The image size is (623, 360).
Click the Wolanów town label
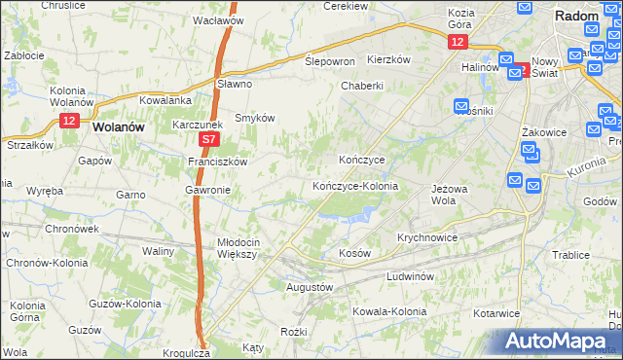118,126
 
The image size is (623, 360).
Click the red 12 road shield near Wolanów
67,120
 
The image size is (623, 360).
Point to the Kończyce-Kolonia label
354,185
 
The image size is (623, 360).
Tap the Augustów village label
310,288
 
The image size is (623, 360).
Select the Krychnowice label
427,237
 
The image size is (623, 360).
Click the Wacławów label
217,19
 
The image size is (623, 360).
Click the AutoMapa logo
560,342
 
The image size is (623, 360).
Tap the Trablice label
570,255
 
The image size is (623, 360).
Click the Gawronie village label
206,190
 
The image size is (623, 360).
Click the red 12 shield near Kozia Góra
458,42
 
